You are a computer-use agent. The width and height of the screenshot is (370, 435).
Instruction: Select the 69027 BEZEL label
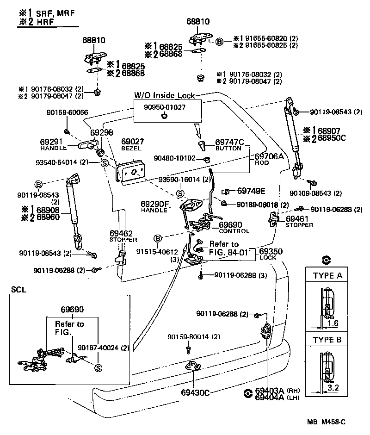coord(133,144)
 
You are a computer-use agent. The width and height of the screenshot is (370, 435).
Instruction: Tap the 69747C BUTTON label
coord(229,144)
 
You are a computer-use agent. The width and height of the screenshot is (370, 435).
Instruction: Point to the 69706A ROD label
coord(269,159)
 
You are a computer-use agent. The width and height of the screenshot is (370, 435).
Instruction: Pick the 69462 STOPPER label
coord(123,236)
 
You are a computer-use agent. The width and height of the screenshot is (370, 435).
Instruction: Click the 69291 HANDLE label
coord(54,144)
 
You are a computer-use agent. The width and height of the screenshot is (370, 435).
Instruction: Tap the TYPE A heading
coord(327,276)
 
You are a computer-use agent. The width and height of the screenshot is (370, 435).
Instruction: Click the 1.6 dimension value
coord(333,324)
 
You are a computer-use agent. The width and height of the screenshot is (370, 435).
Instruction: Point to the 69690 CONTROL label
coord(234,227)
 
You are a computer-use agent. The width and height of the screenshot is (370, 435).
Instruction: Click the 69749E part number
coord(251,191)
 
